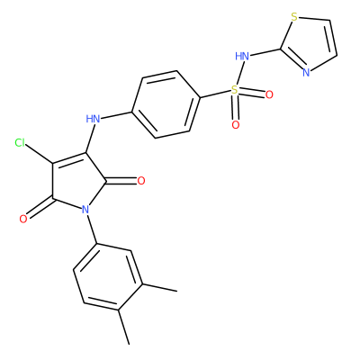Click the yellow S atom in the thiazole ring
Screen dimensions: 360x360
(294, 17)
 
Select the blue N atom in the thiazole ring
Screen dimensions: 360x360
(306, 73)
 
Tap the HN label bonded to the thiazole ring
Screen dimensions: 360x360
(242, 56)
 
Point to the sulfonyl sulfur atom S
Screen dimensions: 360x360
(234, 89)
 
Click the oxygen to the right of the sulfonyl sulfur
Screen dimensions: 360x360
(269, 94)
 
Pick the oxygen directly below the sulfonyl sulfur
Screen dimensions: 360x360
(236, 124)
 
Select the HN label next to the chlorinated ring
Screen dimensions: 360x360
(93, 119)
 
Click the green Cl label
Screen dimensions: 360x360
(20, 143)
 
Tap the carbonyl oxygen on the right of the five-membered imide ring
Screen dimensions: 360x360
(140, 181)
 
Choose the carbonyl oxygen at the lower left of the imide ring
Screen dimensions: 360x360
(23, 219)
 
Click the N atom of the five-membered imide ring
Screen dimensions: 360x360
(85, 210)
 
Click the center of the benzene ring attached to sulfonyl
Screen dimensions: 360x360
(166, 104)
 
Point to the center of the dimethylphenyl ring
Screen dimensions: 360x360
(108, 276)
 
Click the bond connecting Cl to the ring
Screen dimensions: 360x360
(40, 154)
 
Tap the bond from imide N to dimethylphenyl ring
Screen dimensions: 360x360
(92, 229)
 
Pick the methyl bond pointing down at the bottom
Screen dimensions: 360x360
(124, 327)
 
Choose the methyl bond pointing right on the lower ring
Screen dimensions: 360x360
(159, 287)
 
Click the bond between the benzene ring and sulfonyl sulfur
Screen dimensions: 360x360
(215, 94)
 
